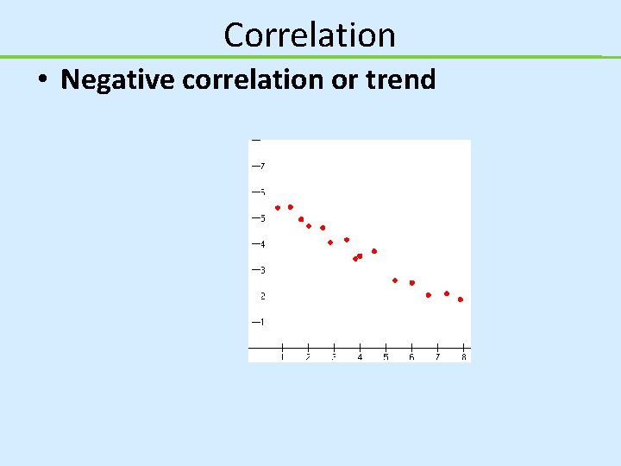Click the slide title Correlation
click(x=310, y=35)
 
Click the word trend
click(x=401, y=79)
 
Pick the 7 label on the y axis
click(x=262, y=167)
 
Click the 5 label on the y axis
click(x=262, y=218)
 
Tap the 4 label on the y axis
click(x=262, y=244)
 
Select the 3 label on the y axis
click(x=262, y=270)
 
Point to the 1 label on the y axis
click(x=262, y=322)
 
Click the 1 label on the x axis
click(x=282, y=357)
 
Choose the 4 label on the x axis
click(x=360, y=357)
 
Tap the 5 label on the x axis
click(x=386, y=357)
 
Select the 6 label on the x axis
click(x=411, y=357)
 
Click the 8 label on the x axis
click(x=464, y=357)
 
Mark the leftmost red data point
click(x=277, y=208)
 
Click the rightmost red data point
click(x=461, y=299)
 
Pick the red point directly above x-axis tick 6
click(x=412, y=282)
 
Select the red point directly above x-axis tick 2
click(x=309, y=226)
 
